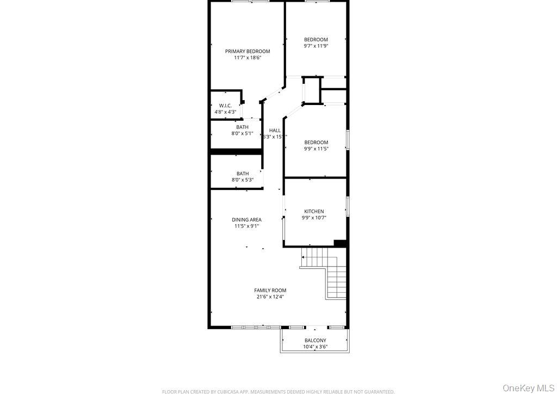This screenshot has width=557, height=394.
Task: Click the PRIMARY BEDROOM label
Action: [247, 51]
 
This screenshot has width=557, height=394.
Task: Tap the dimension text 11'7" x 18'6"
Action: [247, 58]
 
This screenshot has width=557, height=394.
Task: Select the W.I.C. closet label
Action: [225, 106]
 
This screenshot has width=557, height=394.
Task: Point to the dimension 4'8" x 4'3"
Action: [225, 112]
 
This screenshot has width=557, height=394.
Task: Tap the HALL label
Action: [275, 131]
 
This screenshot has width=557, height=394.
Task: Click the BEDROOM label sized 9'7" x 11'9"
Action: [316, 40]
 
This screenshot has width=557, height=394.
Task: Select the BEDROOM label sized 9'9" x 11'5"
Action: [316, 143]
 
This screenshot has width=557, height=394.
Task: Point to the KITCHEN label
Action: [314, 212]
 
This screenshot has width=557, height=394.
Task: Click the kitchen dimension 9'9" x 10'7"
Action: [314, 218]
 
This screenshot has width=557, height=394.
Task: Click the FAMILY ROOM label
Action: [270, 291]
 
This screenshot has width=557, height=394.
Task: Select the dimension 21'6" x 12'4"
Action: [270, 297]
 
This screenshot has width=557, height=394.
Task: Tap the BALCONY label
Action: [315, 341]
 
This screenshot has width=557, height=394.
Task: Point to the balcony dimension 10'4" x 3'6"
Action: [315, 347]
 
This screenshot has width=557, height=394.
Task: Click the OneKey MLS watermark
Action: [527, 387]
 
